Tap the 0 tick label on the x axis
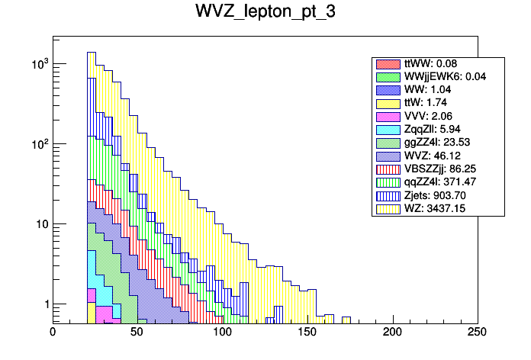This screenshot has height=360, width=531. point(53,332)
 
